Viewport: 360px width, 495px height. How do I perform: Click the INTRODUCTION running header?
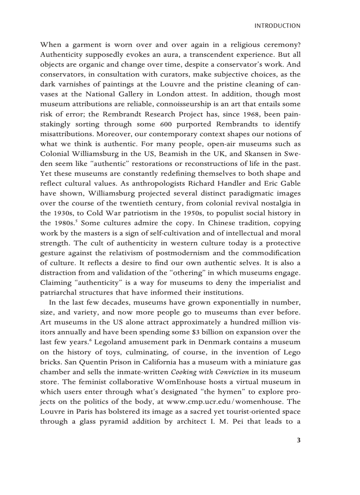[277, 26]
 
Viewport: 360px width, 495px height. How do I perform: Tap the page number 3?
[299, 439]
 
